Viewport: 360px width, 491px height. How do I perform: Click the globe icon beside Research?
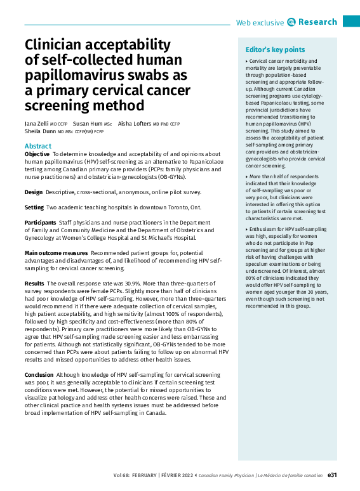coord(291,22)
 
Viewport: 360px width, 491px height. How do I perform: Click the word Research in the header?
coord(317,22)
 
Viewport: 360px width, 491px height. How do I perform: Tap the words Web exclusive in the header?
coord(260,23)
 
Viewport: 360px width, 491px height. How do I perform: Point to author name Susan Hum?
coord(88,122)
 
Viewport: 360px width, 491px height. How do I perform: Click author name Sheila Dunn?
coord(40,131)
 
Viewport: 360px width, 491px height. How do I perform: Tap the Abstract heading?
coord(38,146)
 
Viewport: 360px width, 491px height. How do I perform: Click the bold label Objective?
coord(37,154)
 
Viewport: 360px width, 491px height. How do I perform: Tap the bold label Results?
coord(34,283)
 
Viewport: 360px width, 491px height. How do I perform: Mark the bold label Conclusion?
coord(39,375)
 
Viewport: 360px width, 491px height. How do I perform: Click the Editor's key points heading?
coord(275,50)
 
